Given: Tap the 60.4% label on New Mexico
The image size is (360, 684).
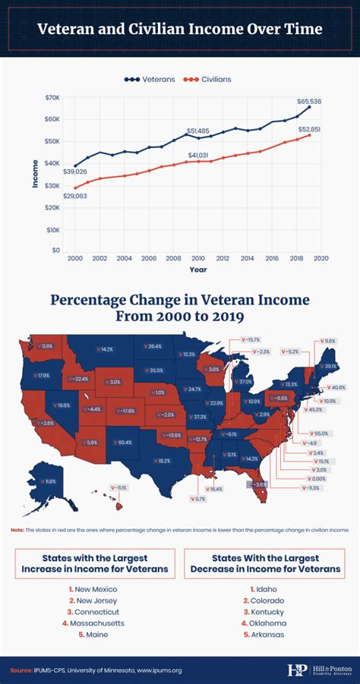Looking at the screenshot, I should (125, 442).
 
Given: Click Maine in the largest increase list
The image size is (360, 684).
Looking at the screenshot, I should (95, 635).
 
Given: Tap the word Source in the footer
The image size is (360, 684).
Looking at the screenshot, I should (21, 670).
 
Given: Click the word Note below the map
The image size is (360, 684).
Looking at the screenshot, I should (17, 529).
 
